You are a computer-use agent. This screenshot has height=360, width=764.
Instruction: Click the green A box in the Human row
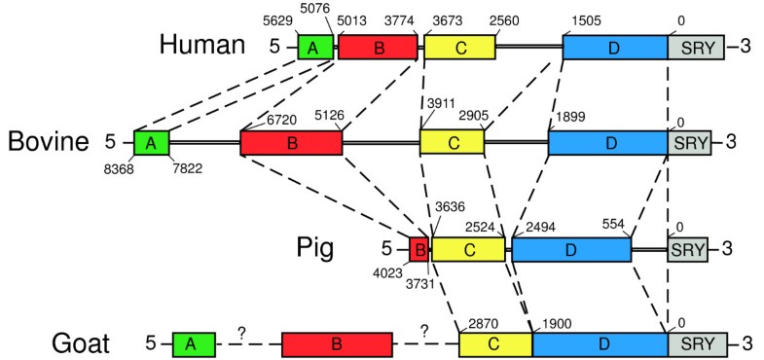[x=314, y=45]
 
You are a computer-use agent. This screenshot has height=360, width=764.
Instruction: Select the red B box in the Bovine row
[x=291, y=142]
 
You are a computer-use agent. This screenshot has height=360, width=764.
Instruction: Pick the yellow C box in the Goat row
[x=495, y=343]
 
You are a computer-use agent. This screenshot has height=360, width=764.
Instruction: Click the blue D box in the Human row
[x=614, y=45]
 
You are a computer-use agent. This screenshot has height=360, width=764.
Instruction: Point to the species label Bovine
[x=48, y=142]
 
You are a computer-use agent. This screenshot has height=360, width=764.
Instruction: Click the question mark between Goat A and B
[x=240, y=333]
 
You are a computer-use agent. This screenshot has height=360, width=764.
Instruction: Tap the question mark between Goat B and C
[x=424, y=333]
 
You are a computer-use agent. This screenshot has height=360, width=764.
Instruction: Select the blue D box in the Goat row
[x=600, y=343]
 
